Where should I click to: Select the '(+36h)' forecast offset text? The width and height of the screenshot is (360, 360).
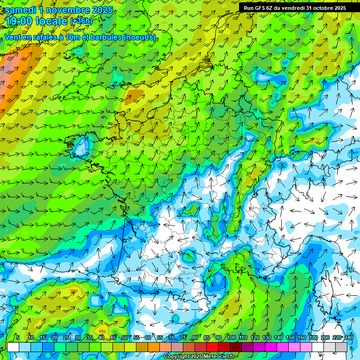(81, 21)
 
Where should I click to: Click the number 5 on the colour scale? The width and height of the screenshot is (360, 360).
(18, 338)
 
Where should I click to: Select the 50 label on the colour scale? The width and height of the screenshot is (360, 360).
(124, 338)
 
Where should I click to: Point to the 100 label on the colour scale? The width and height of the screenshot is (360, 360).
(231, 338)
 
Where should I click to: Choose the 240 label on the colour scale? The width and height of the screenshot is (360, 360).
(349, 338)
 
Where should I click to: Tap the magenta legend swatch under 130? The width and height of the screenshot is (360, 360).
(271, 347)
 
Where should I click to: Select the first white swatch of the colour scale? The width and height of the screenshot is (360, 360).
(13, 347)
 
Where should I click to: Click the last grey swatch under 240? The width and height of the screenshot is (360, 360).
(341, 347)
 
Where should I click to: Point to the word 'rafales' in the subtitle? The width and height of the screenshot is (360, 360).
(52, 37)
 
